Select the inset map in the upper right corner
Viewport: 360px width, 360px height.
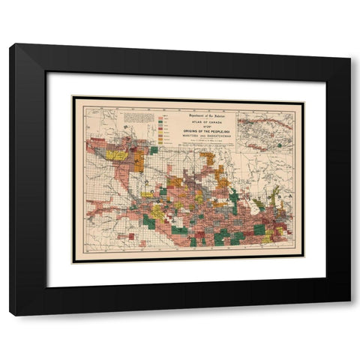tap(267, 128)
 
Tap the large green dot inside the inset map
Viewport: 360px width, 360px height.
tap(279, 145)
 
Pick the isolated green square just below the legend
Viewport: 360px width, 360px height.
tap(154, 150)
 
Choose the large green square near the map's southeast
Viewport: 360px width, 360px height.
tap(259, 229)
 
